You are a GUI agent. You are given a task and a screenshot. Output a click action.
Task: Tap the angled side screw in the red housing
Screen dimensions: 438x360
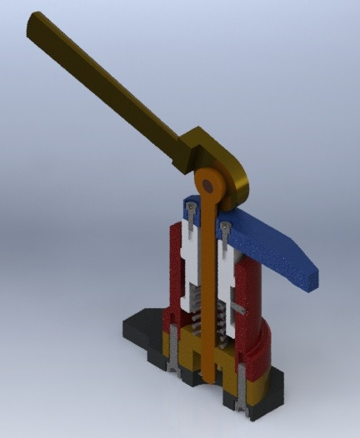tap(238, 308)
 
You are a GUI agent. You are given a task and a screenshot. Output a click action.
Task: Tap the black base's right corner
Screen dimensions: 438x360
tap(279, 391)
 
